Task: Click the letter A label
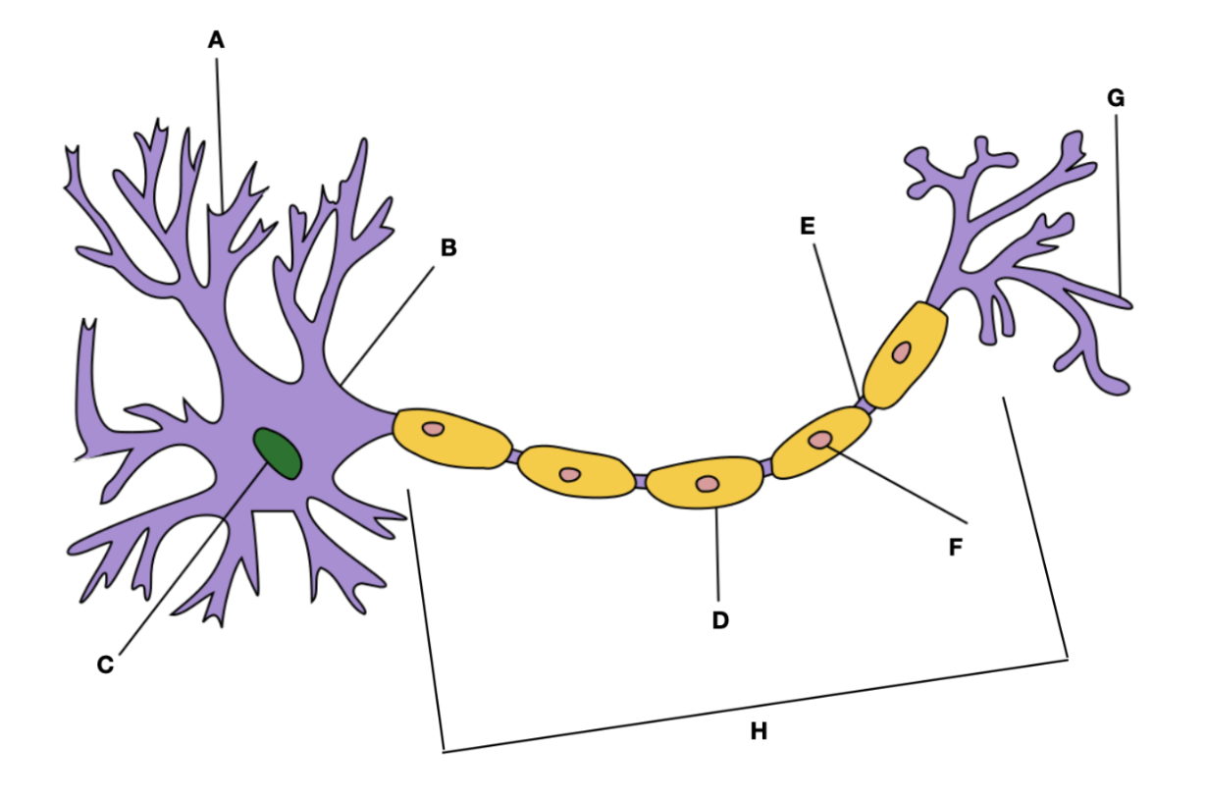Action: click(216, 40)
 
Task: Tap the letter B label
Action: click(448, 247)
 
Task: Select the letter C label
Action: click(106, 665)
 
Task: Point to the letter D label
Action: click(720, 620)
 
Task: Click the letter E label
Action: click(807, 226)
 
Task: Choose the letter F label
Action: click(955, 547)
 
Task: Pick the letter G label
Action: click(1116, 98)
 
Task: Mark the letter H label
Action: click(759, 731)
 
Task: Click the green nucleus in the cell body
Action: click(277, 453)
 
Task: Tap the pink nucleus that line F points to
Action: click(820, 440)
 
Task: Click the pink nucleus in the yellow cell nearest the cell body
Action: click(433, 429)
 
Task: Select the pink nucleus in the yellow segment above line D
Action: click(708, 484)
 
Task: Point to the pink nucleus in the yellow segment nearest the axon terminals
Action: click(901, 352)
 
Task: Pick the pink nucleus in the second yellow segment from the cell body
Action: click(569, 474)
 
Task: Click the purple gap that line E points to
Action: click(865, 404)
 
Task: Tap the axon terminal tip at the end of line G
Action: click(1126, 304)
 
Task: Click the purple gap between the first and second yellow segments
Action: click(514, 456)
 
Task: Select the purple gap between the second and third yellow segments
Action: click(640, 480)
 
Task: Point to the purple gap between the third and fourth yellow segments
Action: click(766, 467)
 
